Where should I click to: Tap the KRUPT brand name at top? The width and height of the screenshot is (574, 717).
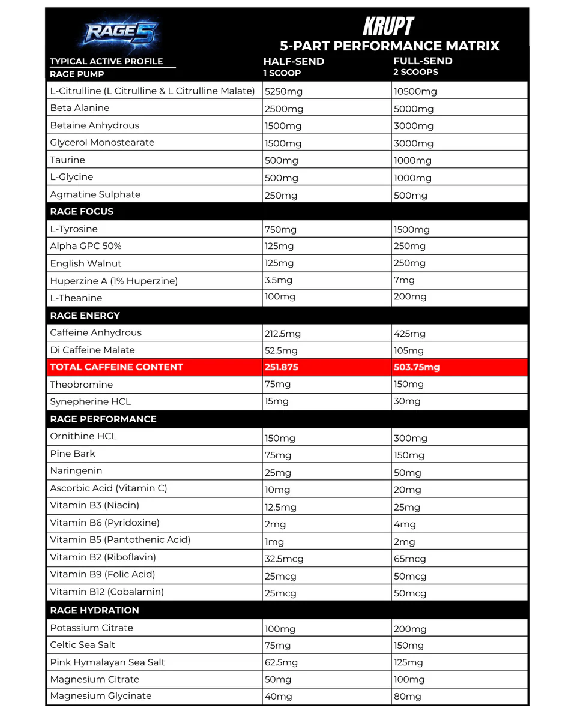coord(388,26)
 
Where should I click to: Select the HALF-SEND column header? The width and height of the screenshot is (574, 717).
coord(294,61)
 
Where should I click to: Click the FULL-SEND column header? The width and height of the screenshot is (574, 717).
coord(423,61)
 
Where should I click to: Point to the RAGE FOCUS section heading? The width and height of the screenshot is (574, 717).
coord(82,211)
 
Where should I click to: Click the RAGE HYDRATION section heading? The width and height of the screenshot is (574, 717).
coord(94,610)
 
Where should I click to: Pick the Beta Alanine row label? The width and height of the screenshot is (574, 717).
coord(80,108)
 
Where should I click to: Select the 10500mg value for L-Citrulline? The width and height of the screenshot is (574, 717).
coord(415,92)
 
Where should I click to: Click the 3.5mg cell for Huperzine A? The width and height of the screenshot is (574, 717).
coord(279,280)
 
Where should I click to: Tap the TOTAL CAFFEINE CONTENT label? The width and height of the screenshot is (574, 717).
coord(116,367)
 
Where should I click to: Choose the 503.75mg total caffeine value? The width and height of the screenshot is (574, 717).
coord(417,367)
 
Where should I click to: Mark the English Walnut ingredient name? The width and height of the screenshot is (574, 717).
coord(86,263)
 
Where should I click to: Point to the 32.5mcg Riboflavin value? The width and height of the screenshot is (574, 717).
coord(284,559)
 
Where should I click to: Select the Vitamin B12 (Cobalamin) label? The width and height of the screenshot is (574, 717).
coord(107,592)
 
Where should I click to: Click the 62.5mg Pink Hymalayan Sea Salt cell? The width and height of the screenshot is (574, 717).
coord(281,663)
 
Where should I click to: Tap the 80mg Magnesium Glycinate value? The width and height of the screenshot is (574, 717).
coord(408,697)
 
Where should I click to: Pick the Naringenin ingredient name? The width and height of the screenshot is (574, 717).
coord(76,471)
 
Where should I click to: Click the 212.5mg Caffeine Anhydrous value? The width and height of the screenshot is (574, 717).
coord(283,334)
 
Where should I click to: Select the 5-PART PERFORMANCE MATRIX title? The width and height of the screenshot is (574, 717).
coord(390,46)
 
